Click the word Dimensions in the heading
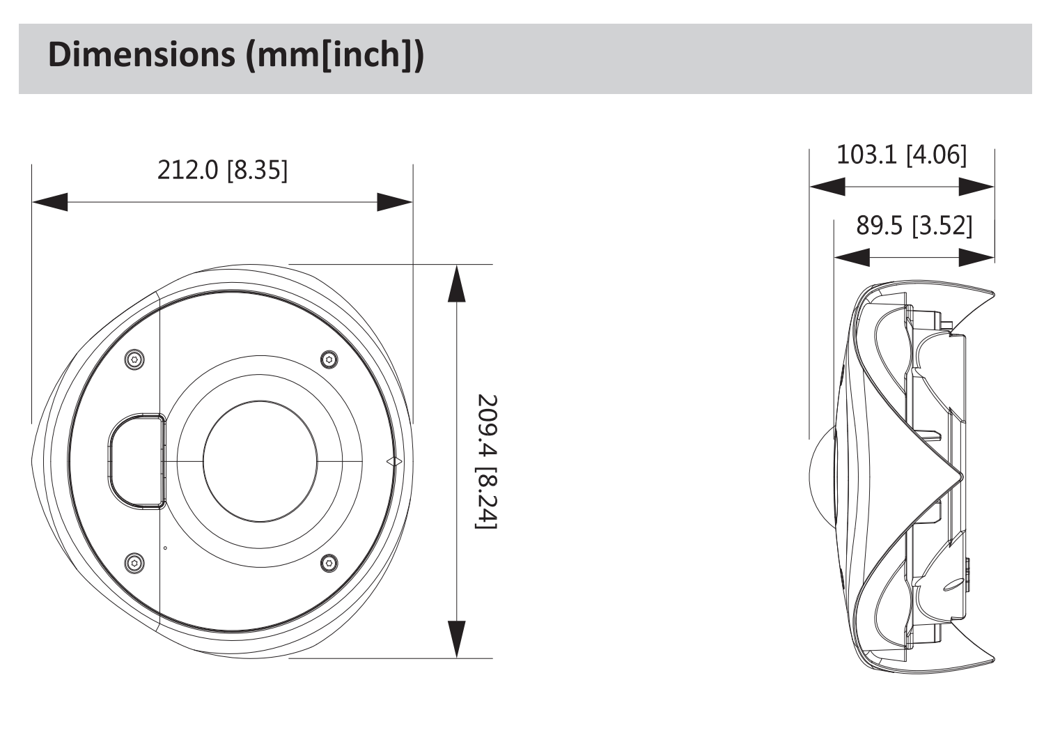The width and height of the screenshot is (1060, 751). coord(141,55)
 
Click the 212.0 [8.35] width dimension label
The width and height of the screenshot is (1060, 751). coord(222,170)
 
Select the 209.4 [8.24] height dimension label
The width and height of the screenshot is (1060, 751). coord(486,461)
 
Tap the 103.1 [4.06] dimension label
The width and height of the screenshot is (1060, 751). coord(901,155)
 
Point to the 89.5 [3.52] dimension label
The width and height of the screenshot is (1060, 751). coord(914,226)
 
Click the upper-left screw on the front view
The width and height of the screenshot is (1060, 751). coord(135,359)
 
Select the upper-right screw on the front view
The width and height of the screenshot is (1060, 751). coord(329,359)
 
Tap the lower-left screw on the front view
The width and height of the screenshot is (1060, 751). coord(134,562)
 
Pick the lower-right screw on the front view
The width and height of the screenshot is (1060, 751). coord(329,563)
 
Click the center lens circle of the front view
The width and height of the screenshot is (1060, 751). coord(260,461)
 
